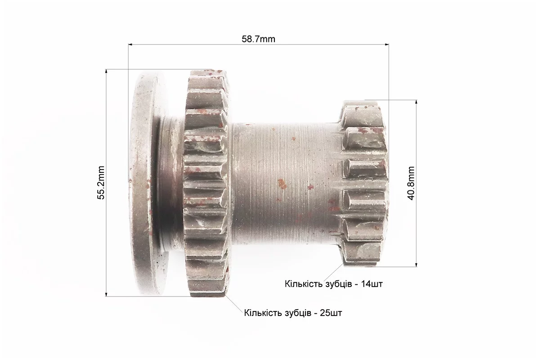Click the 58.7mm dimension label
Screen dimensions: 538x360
click(x=258, y=39)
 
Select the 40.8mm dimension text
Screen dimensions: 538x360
click(x=412, y=183)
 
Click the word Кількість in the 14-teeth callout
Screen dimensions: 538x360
click(x=303, y=284)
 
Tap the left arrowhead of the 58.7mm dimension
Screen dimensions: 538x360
click(x=130, y=44)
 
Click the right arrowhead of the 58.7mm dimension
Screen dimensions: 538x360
click(x=386, y=44)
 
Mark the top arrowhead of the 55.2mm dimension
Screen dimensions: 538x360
click(x=106, y=72)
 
